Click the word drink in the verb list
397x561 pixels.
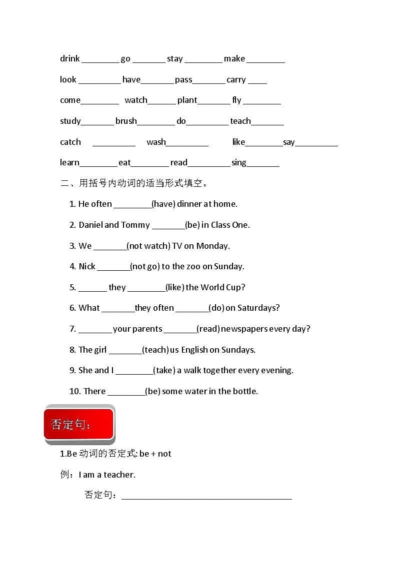70,59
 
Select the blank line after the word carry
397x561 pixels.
257,82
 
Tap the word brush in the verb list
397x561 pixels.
126,121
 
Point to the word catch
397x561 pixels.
70,142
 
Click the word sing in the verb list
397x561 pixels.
239,162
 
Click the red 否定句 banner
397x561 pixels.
78,425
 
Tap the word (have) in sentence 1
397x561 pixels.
162,204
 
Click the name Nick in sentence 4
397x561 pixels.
87,266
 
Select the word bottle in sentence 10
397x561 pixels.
245,391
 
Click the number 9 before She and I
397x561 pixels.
72,370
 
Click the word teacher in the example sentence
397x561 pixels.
119,475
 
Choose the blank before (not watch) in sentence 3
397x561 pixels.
110,248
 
